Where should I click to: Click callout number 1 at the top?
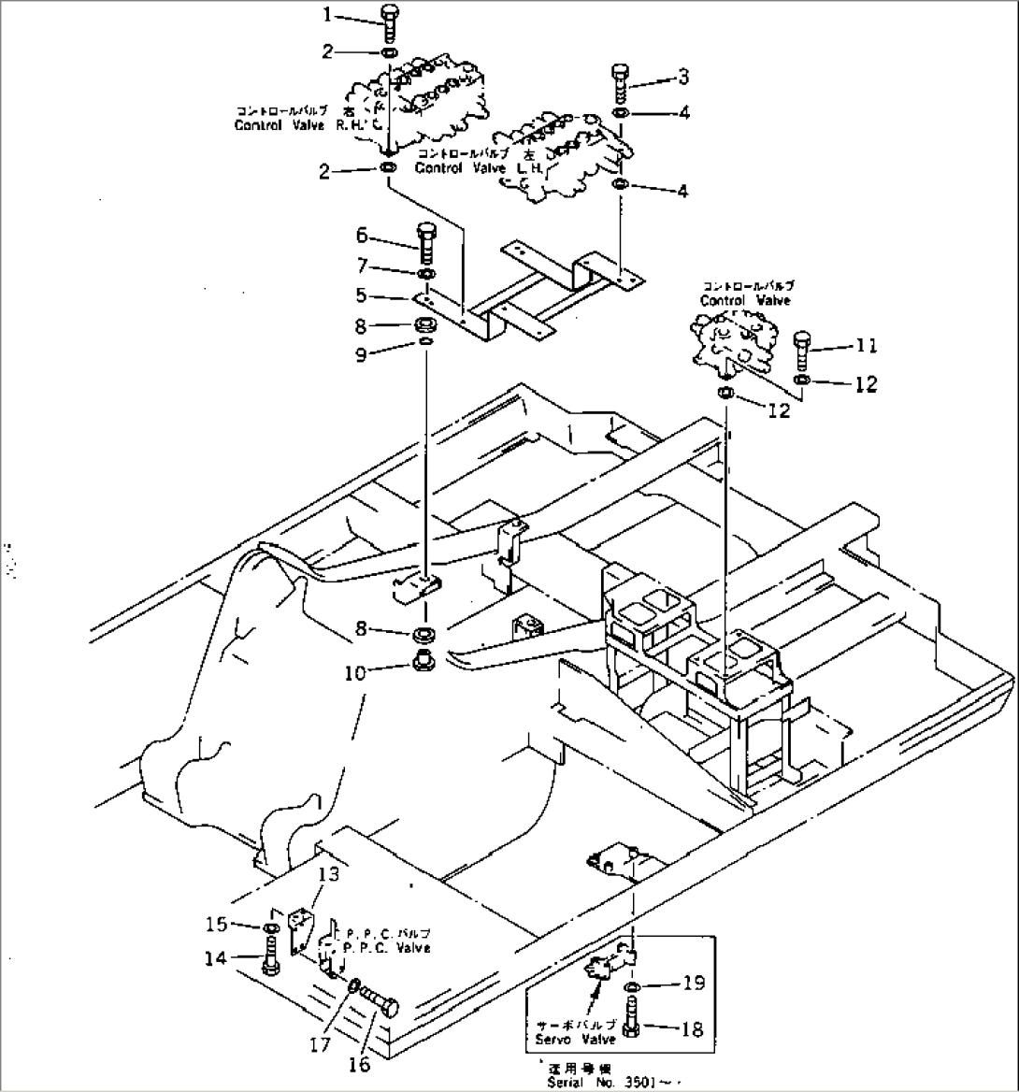coord(327,15)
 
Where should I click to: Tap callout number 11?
coord(865,347)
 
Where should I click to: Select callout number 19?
coord(691,984)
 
